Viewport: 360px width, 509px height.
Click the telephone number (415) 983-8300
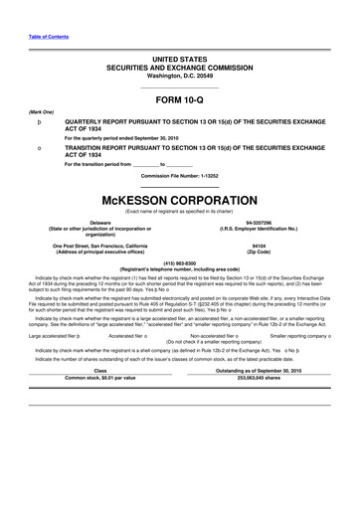[179, 263]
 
